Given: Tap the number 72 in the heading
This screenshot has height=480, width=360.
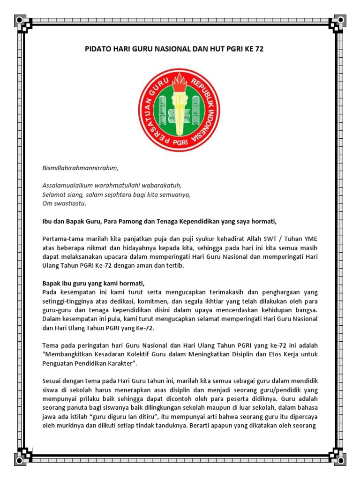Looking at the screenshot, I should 259,49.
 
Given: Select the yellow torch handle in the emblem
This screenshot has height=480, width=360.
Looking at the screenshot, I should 180,115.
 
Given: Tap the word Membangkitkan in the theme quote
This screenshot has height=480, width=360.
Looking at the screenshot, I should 65,354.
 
